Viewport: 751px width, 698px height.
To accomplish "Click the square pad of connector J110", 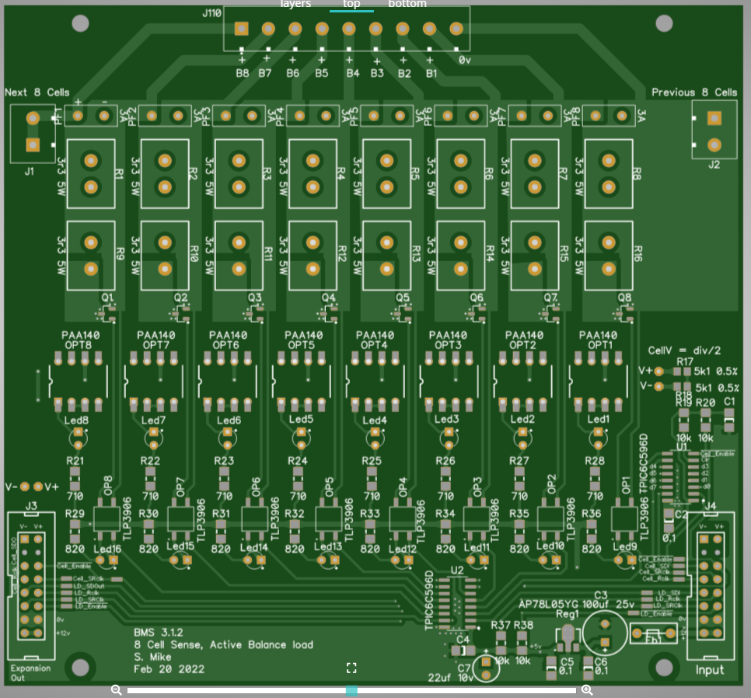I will pyautogui.click(x=241, y=29).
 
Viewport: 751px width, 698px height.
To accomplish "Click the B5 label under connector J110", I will pyautogui.click(x=322, y=74).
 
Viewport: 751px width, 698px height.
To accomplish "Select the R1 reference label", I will pyautogui.click(x=120, y=173).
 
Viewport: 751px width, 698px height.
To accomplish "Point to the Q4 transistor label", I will pyautogui.click(x=328, y=298).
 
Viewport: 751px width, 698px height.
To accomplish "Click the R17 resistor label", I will pyautogui.click(x=685, y=361).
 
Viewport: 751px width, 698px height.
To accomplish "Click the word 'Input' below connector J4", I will pyautogui.click(x=709, y=669).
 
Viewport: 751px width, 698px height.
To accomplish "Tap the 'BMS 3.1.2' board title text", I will pyautogui.click(x=159, y=632).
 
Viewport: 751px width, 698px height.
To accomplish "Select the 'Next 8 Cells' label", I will pyautogui.click(x=37, y=92).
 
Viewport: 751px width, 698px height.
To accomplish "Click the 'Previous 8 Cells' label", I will pyautogui.click(x=694, y=92).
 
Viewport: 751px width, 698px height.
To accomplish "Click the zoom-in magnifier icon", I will pyautogui.click(x=587, y=690).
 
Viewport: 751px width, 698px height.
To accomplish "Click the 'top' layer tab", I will pyautogui.click(x=351, y=4).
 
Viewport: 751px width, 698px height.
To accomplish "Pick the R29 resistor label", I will pyautogui.click(x=75, y=514).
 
